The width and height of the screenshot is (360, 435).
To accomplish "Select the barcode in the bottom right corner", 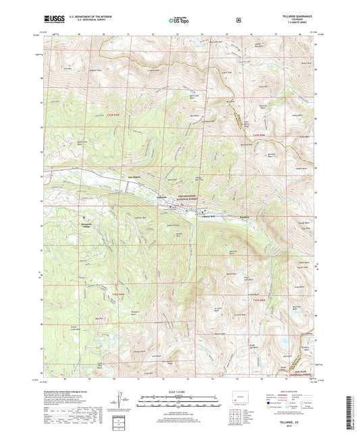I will tap(349, 408).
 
